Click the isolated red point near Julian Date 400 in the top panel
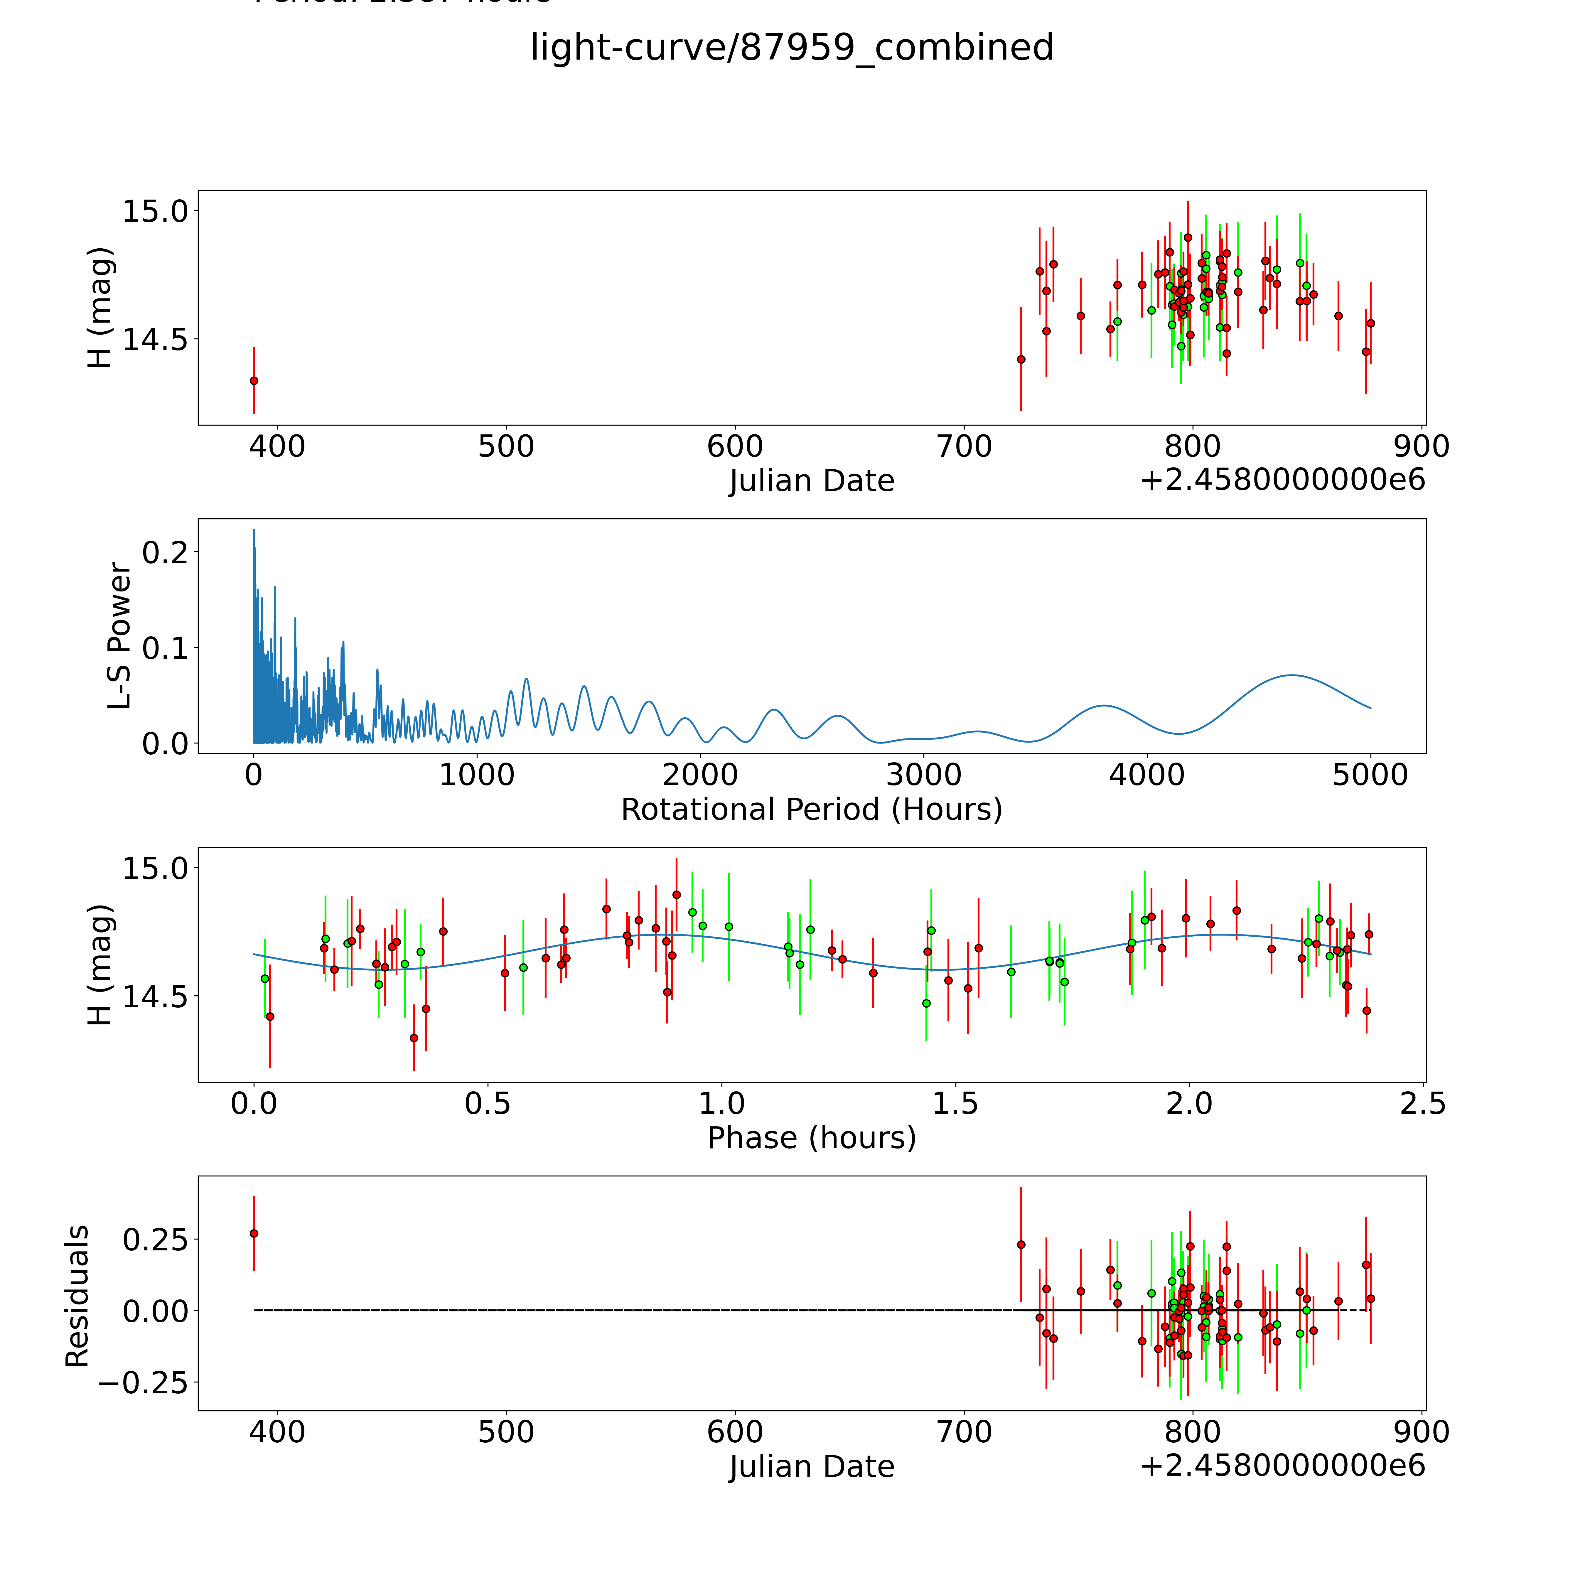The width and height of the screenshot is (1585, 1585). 254,381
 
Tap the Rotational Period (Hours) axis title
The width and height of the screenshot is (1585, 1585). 811,810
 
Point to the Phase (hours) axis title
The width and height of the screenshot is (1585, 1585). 811,1138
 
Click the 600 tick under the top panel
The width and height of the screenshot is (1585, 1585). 735,447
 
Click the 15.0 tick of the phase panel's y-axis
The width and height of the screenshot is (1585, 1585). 155,868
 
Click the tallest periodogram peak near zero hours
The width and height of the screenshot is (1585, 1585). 254,530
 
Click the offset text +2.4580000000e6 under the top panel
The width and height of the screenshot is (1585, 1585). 1282,480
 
